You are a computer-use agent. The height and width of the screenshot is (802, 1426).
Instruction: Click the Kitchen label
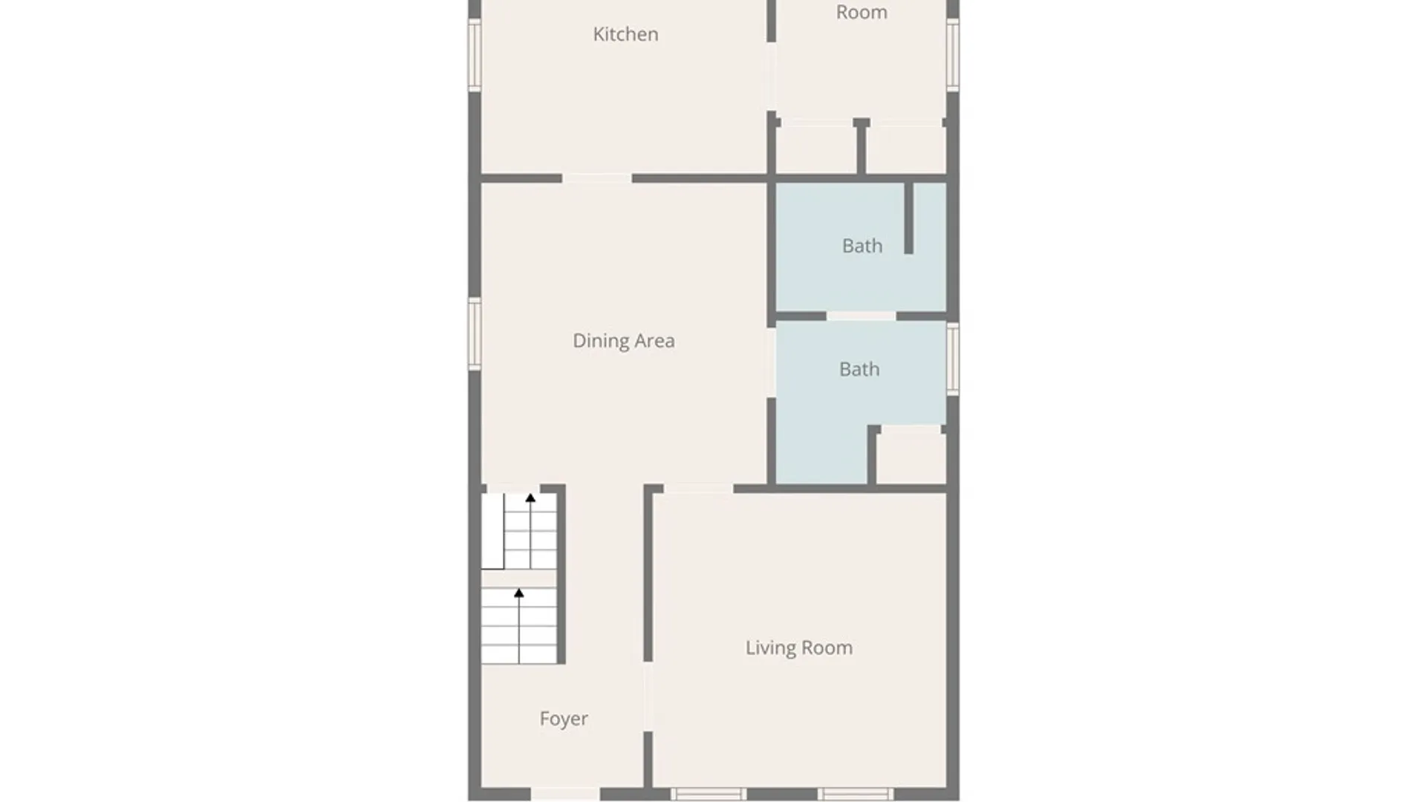pyautogui.click(x=625, y=34)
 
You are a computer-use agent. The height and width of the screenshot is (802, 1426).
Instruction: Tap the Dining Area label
pyautogui.click(x=623, y=341)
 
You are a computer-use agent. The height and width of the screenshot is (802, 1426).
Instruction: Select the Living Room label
pyautogui.click(x=798, y=648)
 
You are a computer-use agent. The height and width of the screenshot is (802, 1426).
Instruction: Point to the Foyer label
pyautogui.click(x=564, y=719)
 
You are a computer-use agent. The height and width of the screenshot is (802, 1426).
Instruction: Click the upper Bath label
pyautogui.click(x=862, y=246)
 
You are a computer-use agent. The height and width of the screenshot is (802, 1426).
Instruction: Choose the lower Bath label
pyautogui.click(x=859, y=369)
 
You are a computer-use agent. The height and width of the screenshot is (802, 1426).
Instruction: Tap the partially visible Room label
pyautogui.click(x=862, y=12)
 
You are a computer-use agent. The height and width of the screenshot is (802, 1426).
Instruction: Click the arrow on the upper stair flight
pyautogui.click(x=530, y=498)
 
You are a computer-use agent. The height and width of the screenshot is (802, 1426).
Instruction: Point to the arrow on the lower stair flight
pyautogui.click(x=518, y=593)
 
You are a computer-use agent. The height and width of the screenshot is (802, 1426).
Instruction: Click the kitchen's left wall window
pyautogui.click(x=475, y=54)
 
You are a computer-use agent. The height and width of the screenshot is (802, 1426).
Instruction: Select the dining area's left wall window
pyautogui.click(x=475, y=333)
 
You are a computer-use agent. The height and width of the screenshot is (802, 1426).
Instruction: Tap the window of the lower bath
pyautogui.click(x=953, y=359)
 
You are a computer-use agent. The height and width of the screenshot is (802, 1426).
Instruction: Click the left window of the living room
pyautogui.click(x=708, y=794)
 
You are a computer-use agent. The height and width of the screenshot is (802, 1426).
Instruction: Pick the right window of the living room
pyautogui.click(x=856, y=794)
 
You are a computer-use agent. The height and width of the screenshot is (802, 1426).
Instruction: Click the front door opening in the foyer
pyautogui.click(x=565, y=794)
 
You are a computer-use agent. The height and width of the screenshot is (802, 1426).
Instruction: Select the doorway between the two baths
pyautogui.click(x=861, y=316)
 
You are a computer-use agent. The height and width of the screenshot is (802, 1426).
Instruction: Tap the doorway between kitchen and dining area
pyautogui.click(x=597, y=178)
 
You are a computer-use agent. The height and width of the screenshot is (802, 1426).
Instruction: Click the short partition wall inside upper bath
pyautogui.click(x=908, y=218)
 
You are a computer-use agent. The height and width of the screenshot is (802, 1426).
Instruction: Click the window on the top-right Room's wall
pyautogui.click(x=953, y=54)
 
